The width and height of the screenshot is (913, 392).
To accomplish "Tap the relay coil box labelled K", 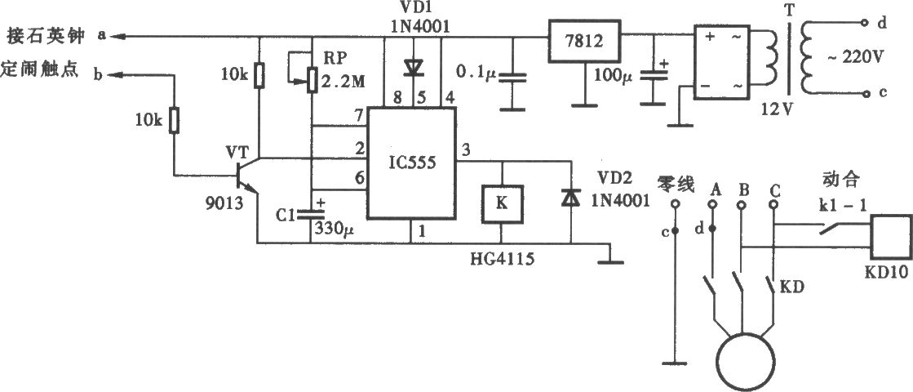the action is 502,204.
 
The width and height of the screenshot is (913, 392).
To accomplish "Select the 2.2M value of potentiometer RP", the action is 343,82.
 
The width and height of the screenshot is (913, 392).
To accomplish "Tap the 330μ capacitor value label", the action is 335,229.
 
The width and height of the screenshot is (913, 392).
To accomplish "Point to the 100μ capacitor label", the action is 613,74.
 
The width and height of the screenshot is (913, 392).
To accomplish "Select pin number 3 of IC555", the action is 464,150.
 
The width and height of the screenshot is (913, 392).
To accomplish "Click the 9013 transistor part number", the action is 223,204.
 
